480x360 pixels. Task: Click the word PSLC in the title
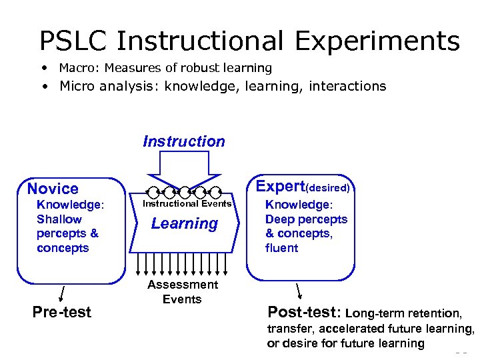click(x=73, y=41)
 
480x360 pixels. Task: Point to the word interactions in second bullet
click(x=347, y=86)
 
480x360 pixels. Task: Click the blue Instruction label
click(x=184, y=141)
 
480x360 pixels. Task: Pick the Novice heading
click(x=53, y=189)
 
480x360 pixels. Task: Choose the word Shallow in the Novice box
click(x=59, y=219)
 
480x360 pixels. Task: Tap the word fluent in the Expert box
click(x=282, y=248)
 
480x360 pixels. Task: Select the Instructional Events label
click(x=187, y=203)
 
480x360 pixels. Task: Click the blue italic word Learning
click(x=185, y=224)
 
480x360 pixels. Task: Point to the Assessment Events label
click(x=183, y=292)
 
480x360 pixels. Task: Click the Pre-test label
click(x=62, y=313)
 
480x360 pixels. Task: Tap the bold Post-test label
click(x=304, y=312)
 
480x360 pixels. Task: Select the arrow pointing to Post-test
click(x=299, y=291)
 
